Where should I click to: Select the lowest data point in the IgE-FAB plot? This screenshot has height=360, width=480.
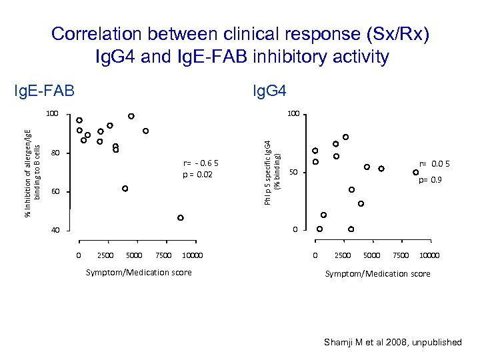pyautogui.click(x=181, y=218)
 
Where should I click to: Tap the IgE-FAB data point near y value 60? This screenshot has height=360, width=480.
pyautogui.click(x=125, y=189)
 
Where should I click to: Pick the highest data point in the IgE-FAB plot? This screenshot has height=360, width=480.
pyautogui.click(x=131, y=116)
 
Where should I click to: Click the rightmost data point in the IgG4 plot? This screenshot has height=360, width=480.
pyautogui.click(x=416, y=172)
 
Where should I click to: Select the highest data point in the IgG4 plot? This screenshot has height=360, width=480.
pyautogui.click(x=345, y=137)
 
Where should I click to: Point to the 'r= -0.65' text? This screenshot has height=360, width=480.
pyautogui.click(x=200, y=163)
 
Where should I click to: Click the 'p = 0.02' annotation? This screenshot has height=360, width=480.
pyautogui.click(x=197, y=175)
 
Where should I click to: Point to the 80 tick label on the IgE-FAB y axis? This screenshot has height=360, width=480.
pyautogui.click(x=56, y=154)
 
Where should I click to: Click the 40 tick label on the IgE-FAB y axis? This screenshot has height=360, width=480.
pyautogui.click(x=56, y=231)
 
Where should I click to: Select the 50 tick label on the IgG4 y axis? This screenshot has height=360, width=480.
pyautogui.click(x=292, y=173)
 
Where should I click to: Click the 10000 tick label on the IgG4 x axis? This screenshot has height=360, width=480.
pyautogui.click(x=429, y=255)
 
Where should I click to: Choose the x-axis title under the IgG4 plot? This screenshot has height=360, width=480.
pyautogui.click(x=377, y=273)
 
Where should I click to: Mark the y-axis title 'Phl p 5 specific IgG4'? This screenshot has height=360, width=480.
pyautogui.click(x=267, y=172)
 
